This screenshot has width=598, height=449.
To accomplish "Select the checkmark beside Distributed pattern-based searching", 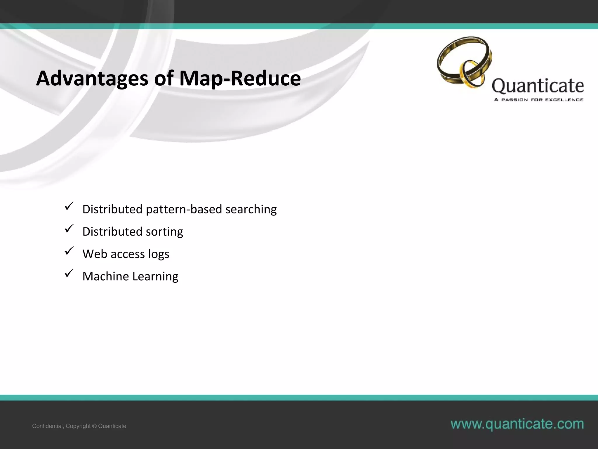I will [69, 206].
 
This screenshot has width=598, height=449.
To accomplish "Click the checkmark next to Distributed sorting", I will [69, 229].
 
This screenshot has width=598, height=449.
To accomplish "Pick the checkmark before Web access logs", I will [69, 251].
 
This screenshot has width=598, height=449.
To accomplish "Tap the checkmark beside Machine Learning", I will [69, 273].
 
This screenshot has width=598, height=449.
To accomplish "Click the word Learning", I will [155, 276].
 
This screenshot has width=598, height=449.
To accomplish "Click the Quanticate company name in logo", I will [538, 86].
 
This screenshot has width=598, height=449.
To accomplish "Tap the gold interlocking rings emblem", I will [464, 62].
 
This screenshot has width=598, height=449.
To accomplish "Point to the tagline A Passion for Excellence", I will [538, 100].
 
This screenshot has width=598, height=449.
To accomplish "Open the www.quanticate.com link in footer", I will [517, 424].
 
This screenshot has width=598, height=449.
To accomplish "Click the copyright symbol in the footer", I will [94, 426].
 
